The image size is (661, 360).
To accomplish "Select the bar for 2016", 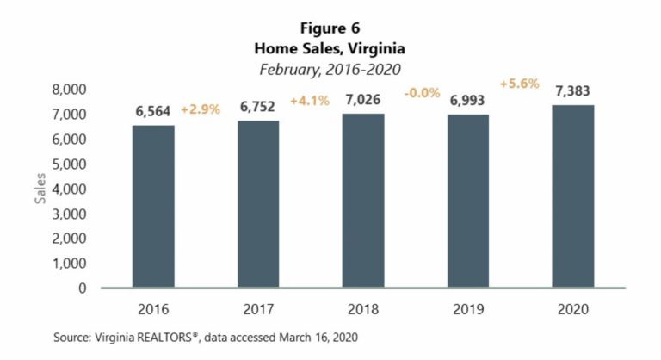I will tap(152, 207).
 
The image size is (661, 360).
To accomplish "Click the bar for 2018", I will tap(362, 201).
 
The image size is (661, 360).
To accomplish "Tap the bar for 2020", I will tap(571, 196).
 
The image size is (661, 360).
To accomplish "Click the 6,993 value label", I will tap(466, 101).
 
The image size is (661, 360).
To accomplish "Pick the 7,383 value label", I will tap(572, 91).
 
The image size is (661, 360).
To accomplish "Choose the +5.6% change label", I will tap(520, 84).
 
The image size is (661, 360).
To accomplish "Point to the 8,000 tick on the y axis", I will tap(70, 89).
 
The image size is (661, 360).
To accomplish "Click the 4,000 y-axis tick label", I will tap(70, 189).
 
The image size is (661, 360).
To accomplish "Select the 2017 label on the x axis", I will tap(257, 308).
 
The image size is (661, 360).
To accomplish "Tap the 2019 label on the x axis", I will tap(466, 308).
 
